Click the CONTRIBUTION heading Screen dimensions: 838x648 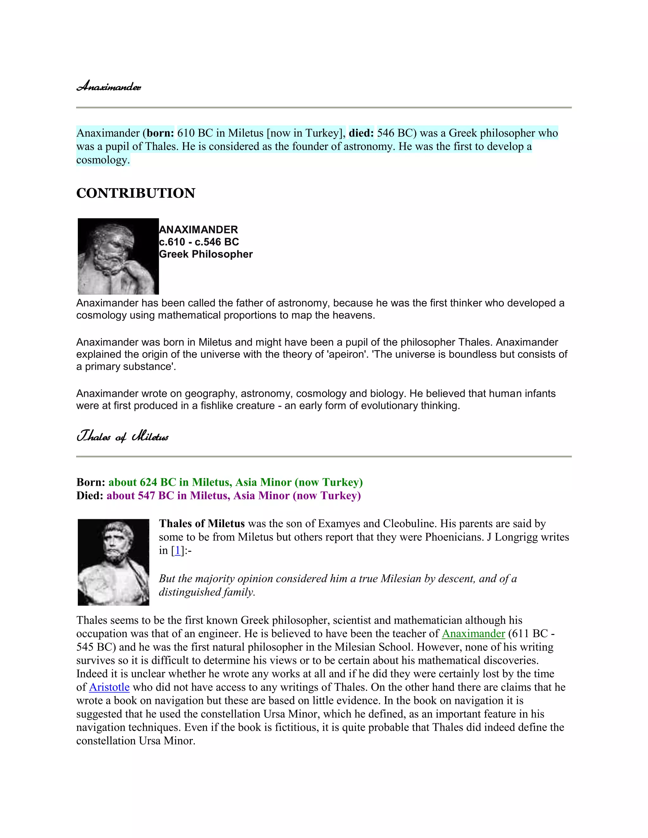135,193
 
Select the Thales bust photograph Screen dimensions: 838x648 113,562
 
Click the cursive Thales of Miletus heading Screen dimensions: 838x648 122,437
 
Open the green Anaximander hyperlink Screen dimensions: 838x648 473,633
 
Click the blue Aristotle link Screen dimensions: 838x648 109,687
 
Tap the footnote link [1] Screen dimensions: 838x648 177,551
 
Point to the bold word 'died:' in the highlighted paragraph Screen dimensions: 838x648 361,133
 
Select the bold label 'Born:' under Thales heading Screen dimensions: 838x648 90,482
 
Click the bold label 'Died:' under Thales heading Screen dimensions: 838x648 90,496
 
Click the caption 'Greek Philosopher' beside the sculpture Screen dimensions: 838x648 206,254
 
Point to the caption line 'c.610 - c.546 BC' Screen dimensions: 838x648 199,242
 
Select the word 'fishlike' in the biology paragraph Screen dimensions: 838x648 213,406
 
